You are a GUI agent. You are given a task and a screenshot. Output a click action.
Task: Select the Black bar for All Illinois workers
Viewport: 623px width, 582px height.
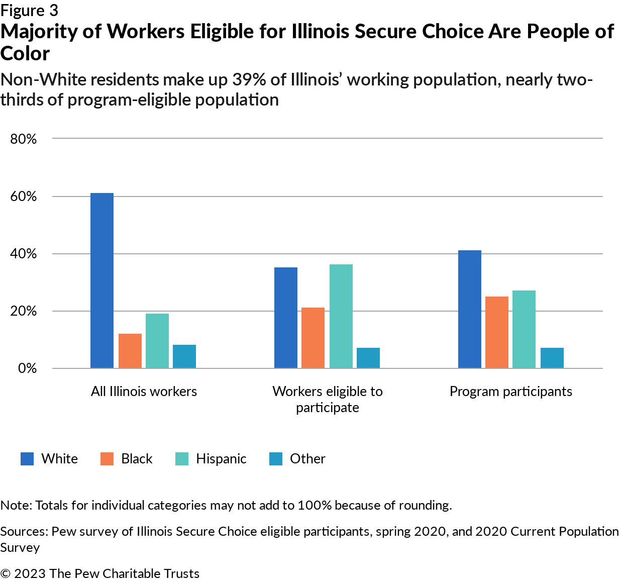tap(130, 351)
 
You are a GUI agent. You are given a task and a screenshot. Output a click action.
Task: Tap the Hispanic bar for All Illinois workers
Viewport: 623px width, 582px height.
tap(157, 341)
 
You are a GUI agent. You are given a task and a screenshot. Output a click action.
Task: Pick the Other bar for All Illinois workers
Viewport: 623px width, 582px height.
tap(184, 356)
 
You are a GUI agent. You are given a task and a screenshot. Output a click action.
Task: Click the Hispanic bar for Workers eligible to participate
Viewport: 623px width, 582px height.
tap(341, 316)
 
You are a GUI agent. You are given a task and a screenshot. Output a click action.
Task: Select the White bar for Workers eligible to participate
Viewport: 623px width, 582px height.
tap(286, 318)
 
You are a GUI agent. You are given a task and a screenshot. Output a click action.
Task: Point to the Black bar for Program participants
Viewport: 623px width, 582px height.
tap(497, 332)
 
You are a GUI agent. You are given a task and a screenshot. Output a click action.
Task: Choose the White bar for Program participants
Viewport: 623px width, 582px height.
tap(470, 309)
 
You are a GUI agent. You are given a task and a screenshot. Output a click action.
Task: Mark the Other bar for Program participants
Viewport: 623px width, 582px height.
tap(552, 358)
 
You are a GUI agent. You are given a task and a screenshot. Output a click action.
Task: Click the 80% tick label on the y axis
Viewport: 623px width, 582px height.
tap(24, 139)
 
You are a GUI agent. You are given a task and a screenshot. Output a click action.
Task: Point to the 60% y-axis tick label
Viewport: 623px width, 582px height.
tap(24, 197)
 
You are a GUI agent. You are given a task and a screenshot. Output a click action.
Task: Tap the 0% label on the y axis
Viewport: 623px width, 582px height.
tap(27, 368)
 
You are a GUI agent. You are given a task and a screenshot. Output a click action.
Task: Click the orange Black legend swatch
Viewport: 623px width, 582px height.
tap(107, 459)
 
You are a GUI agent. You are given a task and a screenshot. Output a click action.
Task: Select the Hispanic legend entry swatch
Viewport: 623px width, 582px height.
tap(182, 459)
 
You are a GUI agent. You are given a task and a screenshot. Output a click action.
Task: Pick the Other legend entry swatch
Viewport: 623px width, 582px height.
tap(276, 459)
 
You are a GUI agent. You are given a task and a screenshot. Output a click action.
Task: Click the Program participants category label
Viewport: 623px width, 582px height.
tap(510, 392)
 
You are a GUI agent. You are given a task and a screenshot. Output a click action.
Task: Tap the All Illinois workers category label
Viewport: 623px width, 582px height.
tap(144, 392)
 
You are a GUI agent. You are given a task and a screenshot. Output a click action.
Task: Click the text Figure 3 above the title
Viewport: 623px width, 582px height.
tap(29, 10)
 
